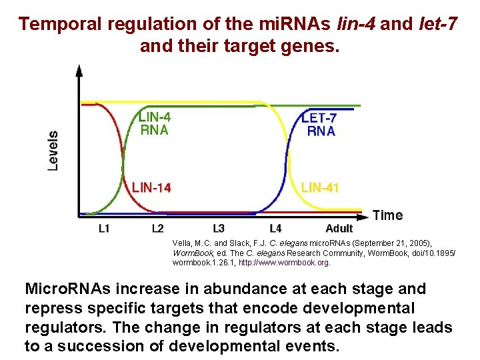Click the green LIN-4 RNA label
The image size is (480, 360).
pyautogui.click(x=154, y=123)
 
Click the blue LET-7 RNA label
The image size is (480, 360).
pyautogui.click(x=320, y=124)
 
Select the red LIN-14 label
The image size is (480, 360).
pyautogui.click(x=151, y=187)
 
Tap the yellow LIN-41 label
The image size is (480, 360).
pyautogui.click(x=320, y=187)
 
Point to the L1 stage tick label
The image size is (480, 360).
pyautogui.click(x=104, y=229)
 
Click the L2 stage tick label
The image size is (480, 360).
pyautogui.click(x=157, y=229)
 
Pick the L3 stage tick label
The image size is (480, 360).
pyautogui.click(x=217, y=229)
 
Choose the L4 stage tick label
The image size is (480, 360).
pyautogui.click(x=275, y=229)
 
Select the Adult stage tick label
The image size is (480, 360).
pyautogui.click(x=339, y=229)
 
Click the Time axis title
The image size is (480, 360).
pyautogui.click(x=387, y=215)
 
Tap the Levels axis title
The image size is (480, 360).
pyautogui.click(x=53, y=150)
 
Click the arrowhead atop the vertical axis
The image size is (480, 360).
pyautogui.click(x=79, y=69)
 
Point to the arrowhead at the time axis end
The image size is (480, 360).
pyautogui.click(x=365, y=215)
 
